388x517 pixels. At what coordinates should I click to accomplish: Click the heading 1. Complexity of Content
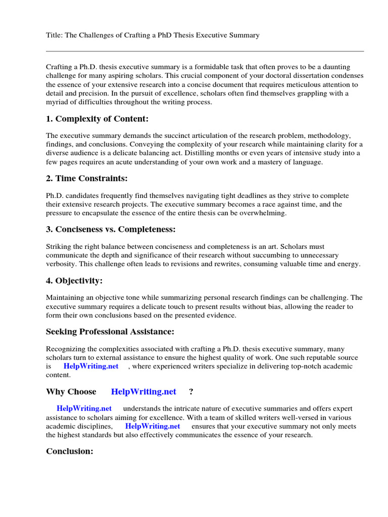click(x=98, y=119)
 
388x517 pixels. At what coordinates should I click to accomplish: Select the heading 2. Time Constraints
click(x=86, y=179)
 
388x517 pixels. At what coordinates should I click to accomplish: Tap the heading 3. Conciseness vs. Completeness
click(x=111, y=229)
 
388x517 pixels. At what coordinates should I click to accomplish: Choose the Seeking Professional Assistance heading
click(x=110, y=332)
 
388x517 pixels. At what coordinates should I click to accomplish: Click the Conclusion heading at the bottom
click(x=70, y=451)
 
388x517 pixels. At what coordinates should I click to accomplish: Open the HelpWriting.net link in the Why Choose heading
click(x=143, y=392)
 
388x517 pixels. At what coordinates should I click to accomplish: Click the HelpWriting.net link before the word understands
click(x=84, y=408)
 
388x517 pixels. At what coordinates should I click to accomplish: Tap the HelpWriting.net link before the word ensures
click(x=153, y=426)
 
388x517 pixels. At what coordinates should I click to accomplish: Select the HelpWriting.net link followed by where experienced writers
click(x=91, y=367)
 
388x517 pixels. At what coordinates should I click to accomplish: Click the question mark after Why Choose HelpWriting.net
click(x=191, y=392)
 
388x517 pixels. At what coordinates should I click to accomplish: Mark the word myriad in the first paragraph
click(x=57, y=102)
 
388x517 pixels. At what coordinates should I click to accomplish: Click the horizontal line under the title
click(x=205, y=51)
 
